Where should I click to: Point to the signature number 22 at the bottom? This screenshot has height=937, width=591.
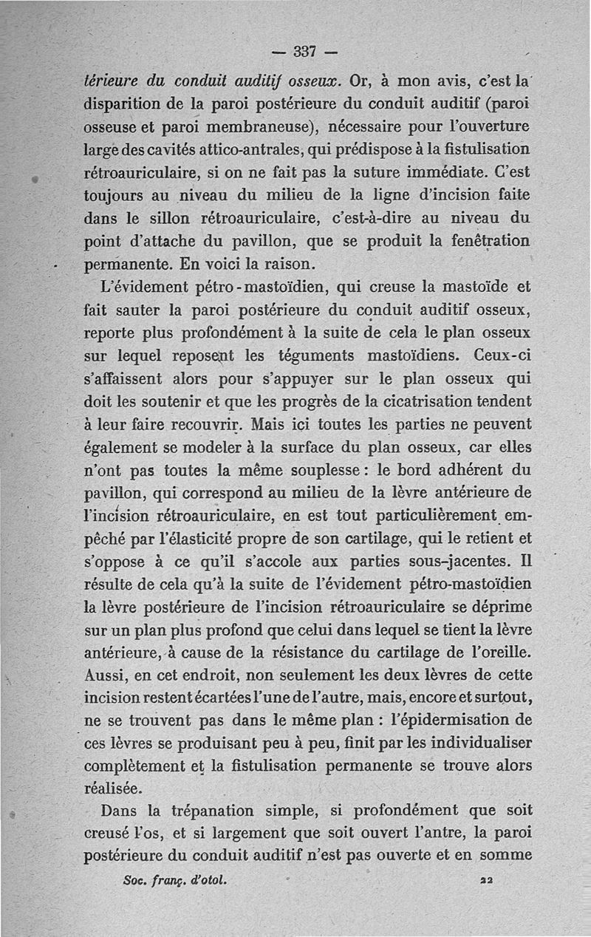pyautogui.click(x=485, y=881)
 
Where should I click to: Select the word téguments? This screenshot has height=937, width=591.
pyautogui.click(x=320, y=355)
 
